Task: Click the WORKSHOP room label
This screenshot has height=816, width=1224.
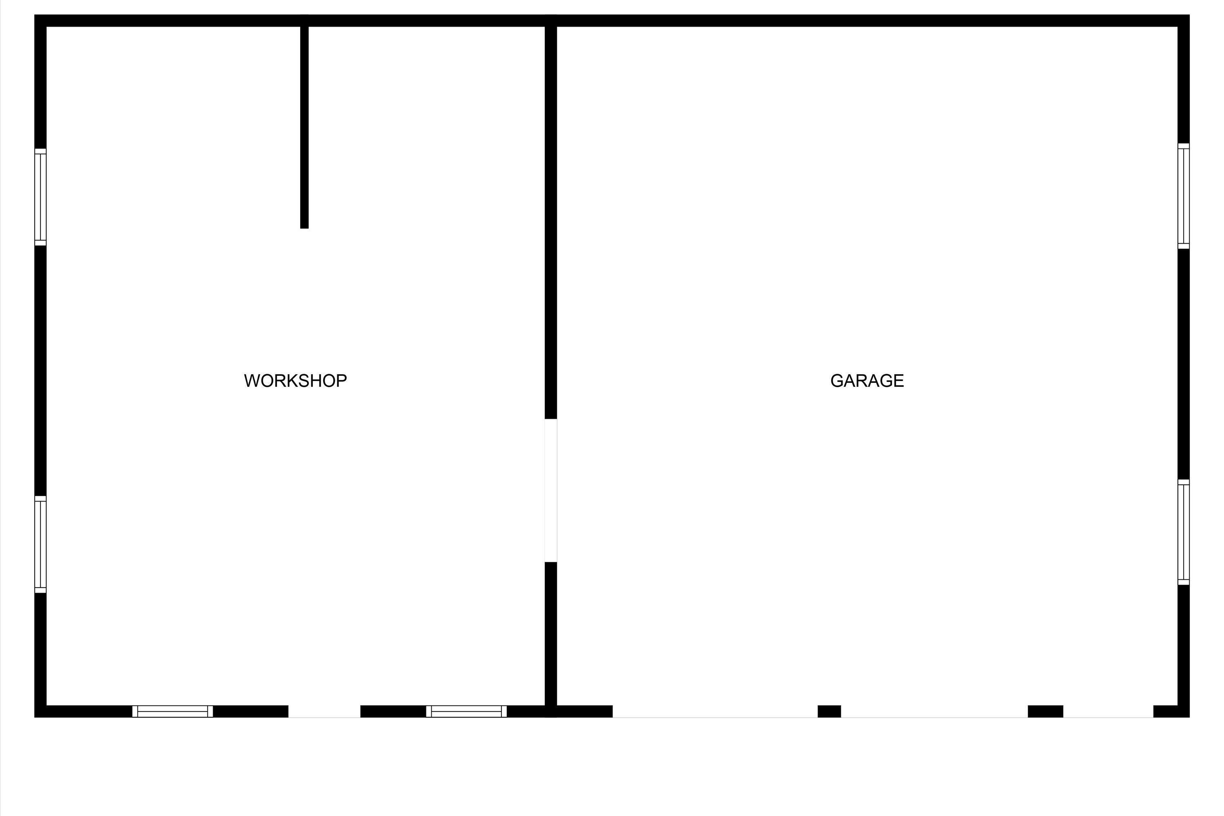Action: click(295, 381)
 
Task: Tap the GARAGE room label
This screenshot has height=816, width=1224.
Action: click(867, 381)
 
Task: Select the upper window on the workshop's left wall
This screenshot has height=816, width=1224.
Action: click(40, 197)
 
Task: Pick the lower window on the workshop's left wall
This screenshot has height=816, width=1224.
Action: click(40, 544)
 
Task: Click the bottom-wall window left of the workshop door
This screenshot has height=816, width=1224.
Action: click(173, 712)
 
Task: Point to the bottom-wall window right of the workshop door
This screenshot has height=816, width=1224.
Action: click(466, 712)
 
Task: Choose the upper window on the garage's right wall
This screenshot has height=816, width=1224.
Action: click(1184, 196)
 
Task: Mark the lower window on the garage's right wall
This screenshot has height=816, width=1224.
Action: click(1184, 532)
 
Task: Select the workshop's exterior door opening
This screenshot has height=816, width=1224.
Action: click(324, 712)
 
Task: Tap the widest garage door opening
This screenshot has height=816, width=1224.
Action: click(715, 712)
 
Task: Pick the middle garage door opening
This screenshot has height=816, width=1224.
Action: click(934, 712)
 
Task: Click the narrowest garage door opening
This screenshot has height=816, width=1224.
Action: click(1109, 712)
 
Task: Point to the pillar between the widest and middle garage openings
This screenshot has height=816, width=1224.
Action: click(829, 712)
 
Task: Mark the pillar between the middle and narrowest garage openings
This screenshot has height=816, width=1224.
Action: click(1045, 712)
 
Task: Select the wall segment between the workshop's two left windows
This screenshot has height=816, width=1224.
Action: click(40, 370)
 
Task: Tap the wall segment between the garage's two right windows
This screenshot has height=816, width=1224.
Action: click(1184, 364)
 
